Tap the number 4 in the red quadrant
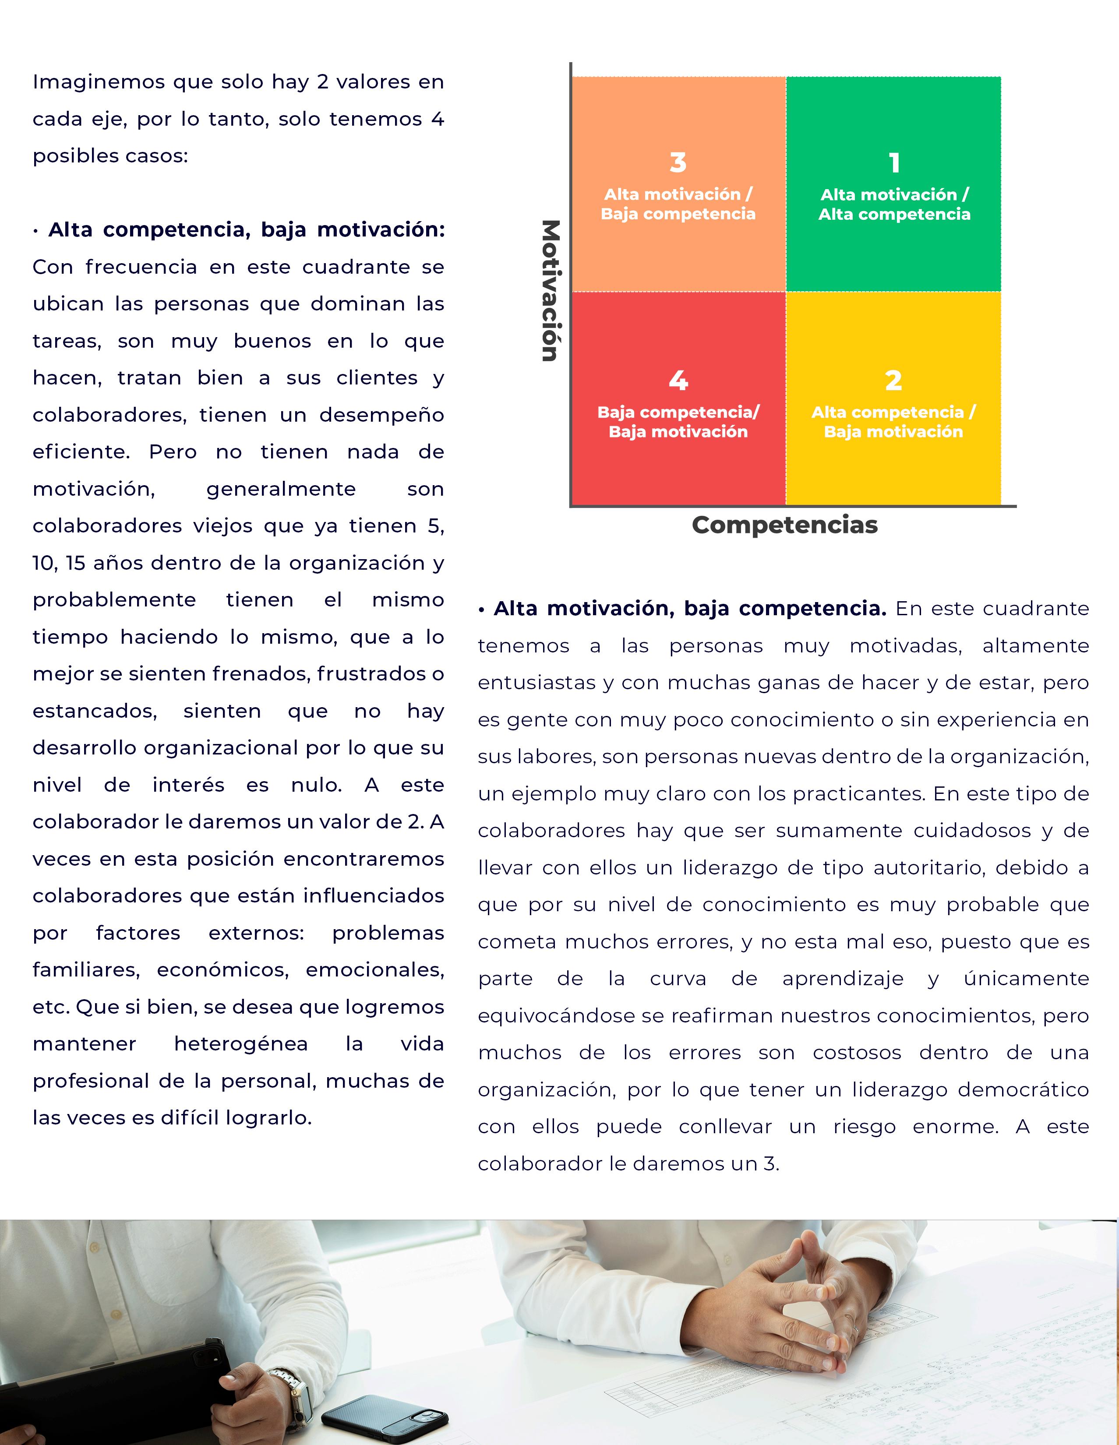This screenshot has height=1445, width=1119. point(678,381)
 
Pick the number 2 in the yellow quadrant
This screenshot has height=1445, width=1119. point(893,381)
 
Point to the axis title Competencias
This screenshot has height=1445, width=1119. point(785,525)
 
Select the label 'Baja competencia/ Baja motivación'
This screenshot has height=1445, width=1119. point(678,422)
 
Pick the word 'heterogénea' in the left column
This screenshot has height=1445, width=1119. point(241,1044)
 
